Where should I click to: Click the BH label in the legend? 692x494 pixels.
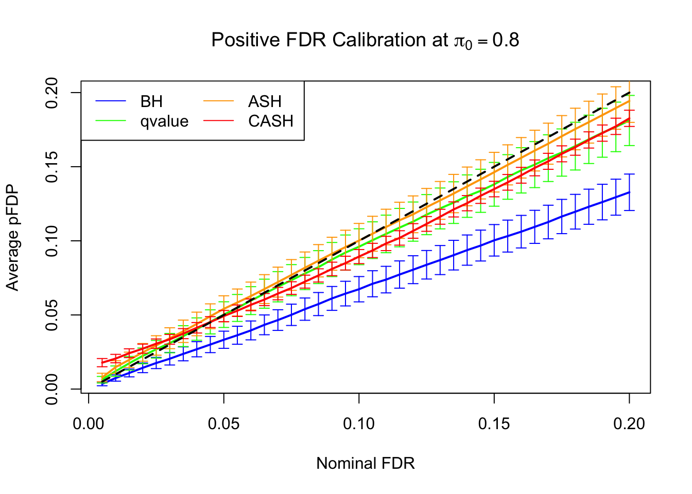[x=151, y=101]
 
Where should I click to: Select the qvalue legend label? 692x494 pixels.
[x=164, y=121]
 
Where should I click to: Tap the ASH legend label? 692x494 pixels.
[x=265, y=101]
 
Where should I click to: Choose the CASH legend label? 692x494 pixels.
[x=271, y=121]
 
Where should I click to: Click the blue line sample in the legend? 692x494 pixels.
[x=111, y=101]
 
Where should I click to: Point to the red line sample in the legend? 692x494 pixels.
[x=218, y=121]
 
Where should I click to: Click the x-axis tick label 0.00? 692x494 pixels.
[x=89, y=424]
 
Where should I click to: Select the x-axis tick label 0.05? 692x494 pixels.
[x=224, y=424]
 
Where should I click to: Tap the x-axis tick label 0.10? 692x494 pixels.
[x=359, y=424]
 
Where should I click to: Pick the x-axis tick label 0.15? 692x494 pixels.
[x=494, y=424]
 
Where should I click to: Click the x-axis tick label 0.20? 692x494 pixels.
[x=629, y=424]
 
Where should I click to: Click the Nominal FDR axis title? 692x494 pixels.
[x=366, y=464]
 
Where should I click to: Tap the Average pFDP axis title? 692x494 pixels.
[x=12, y=238]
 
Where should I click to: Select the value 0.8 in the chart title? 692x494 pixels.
[x=506, y=40]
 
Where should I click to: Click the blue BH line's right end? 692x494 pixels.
[x=629, y=192]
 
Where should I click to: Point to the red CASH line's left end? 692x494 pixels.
[x=102, y=363]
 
